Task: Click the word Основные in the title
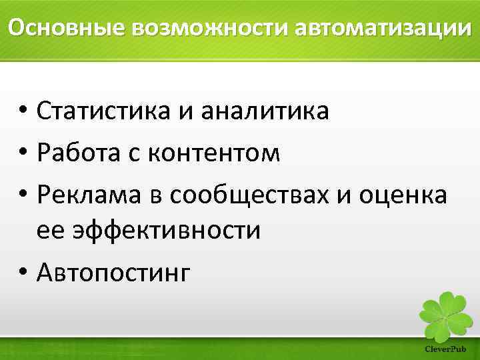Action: click(x=66, y=28)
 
